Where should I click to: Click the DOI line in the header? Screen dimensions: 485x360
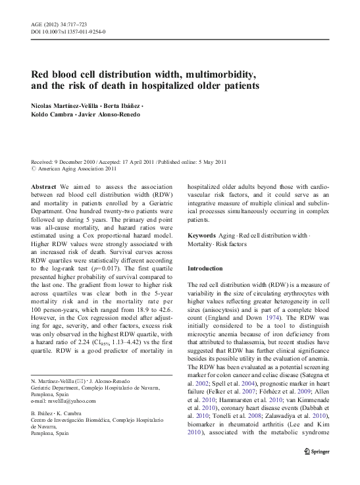pos(69,32)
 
